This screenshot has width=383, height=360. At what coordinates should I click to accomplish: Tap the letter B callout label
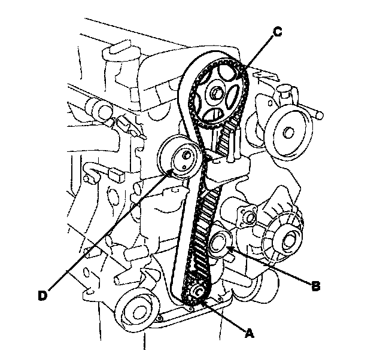coord(317,286)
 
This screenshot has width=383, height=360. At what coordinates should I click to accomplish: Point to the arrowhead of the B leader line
coord(228,251)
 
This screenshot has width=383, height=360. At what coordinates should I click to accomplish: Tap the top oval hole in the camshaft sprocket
coord(224,74)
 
